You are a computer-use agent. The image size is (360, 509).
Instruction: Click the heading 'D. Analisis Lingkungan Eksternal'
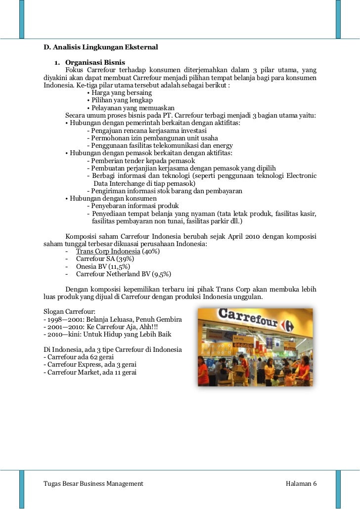[x=100, y=47]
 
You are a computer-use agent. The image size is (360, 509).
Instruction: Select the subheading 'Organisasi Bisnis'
[x=95, y=63]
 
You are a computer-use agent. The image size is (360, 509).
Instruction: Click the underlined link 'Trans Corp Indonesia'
[x=108, y=252]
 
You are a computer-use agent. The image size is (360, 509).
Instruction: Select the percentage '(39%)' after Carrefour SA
[x=125, y=259]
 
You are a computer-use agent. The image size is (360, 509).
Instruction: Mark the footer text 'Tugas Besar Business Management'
[x=93, y=483]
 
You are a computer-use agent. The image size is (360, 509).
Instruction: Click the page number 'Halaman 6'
[x=301, y=483]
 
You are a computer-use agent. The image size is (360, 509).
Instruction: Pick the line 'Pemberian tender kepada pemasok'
[x=141, y=161]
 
